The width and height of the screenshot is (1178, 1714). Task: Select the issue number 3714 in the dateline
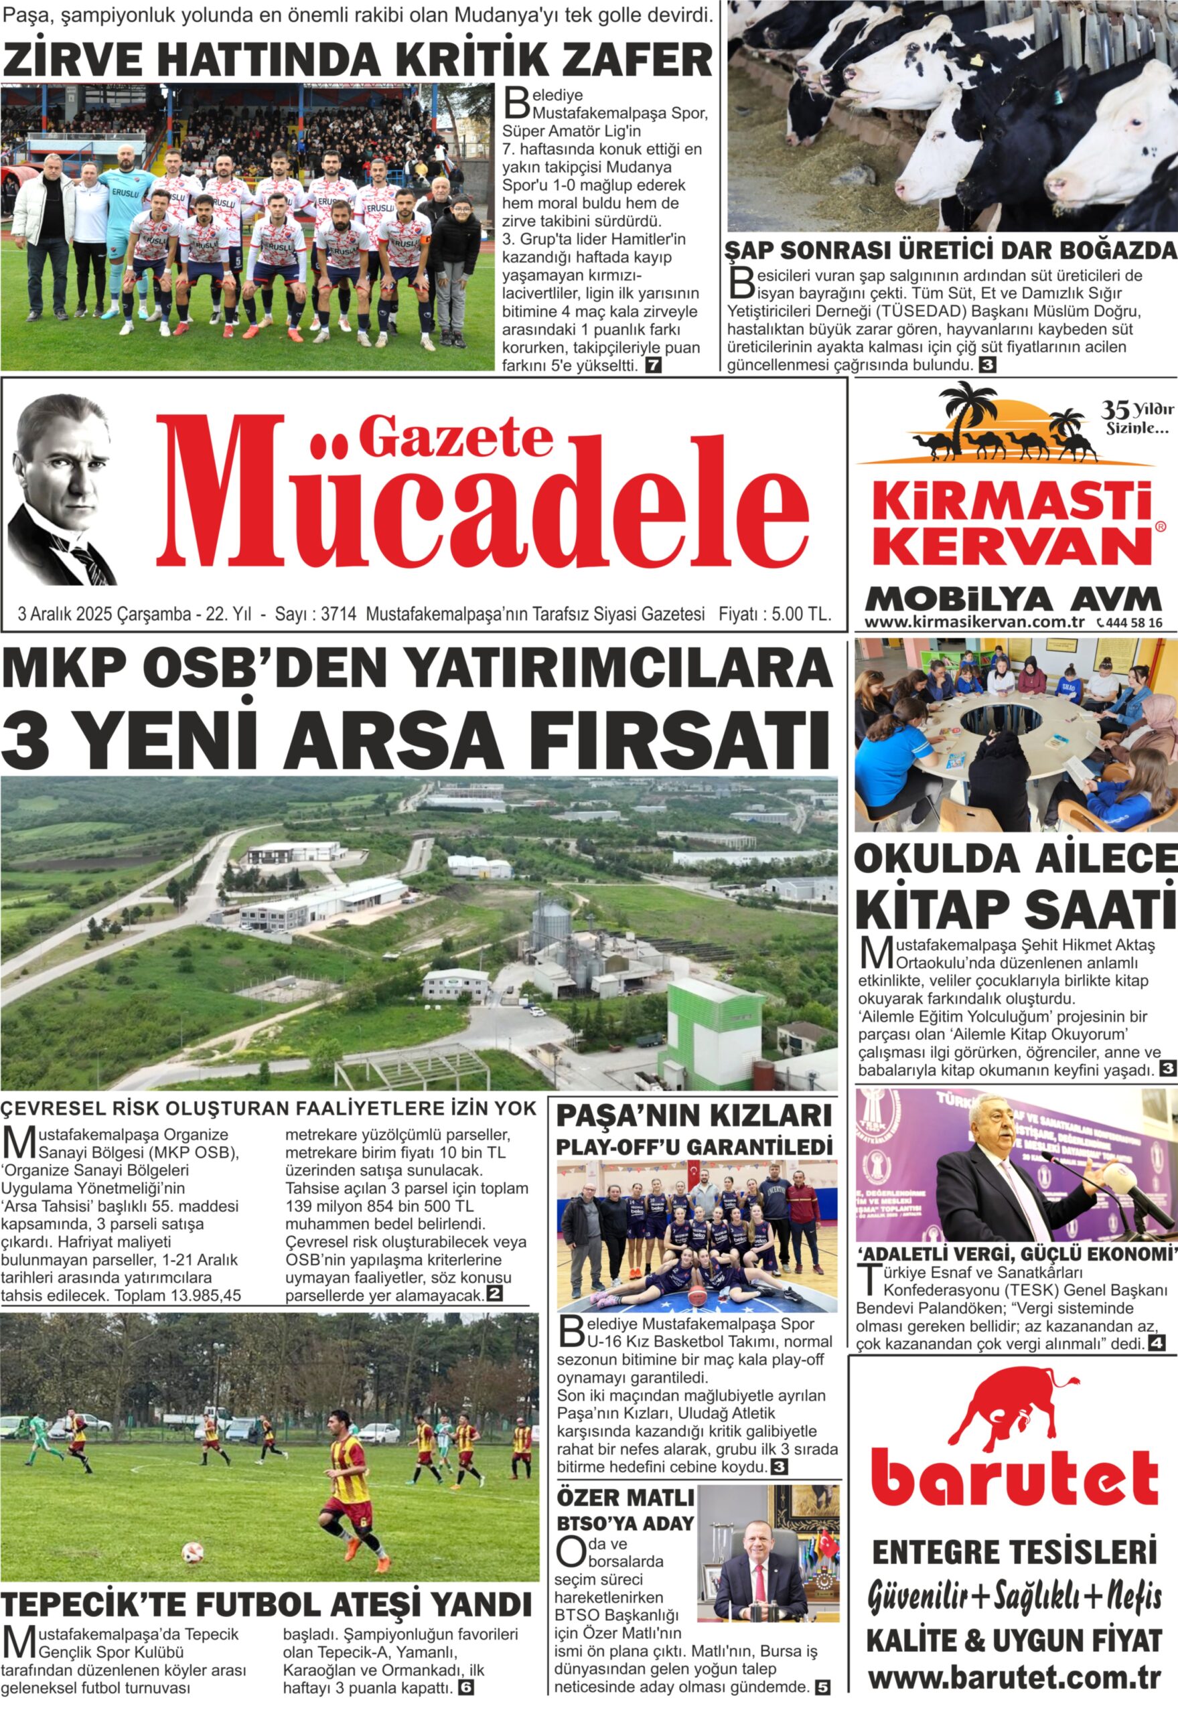[x=340, y=614]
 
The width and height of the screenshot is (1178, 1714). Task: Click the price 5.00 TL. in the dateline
[x=801, y=614]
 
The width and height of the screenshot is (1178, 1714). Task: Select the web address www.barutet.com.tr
[x=1014, y=1677]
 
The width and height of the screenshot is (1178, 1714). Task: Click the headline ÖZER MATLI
[x=624, y=1498]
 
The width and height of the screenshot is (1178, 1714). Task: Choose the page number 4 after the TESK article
[x=1156, y=1344]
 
